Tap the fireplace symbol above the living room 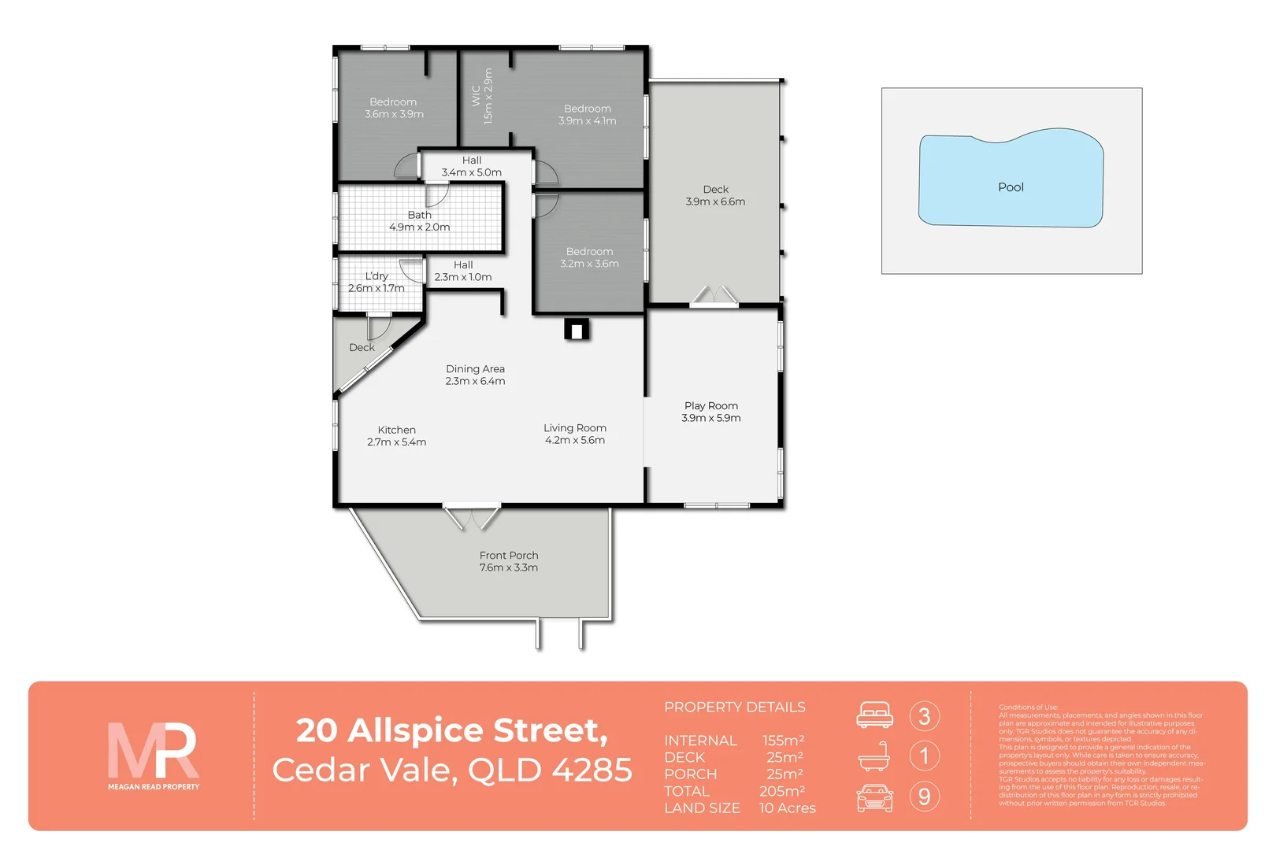[x=577, y=330]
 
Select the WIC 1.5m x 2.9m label [x=482, y=96]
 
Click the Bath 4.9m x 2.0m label [x=419, y=221]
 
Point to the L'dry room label [x=376, y=282]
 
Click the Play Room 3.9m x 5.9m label [x=710, y=412]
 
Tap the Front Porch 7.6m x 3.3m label [x=509, y=561]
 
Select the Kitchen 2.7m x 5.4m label [x=396, y=436]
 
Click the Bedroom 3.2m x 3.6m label [x=589, y=257]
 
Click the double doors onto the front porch [x=471, y=517]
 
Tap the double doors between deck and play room [x=714, y=296]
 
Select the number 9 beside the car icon [x=924, y=796]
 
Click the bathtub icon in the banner [x=874, y=757]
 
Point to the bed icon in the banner [x=874, y=715]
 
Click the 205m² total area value [x=781, y=791]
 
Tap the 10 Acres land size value [x=787, y=808]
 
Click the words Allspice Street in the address [x=477, y=730]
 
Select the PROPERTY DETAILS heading [x=734, y=707]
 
